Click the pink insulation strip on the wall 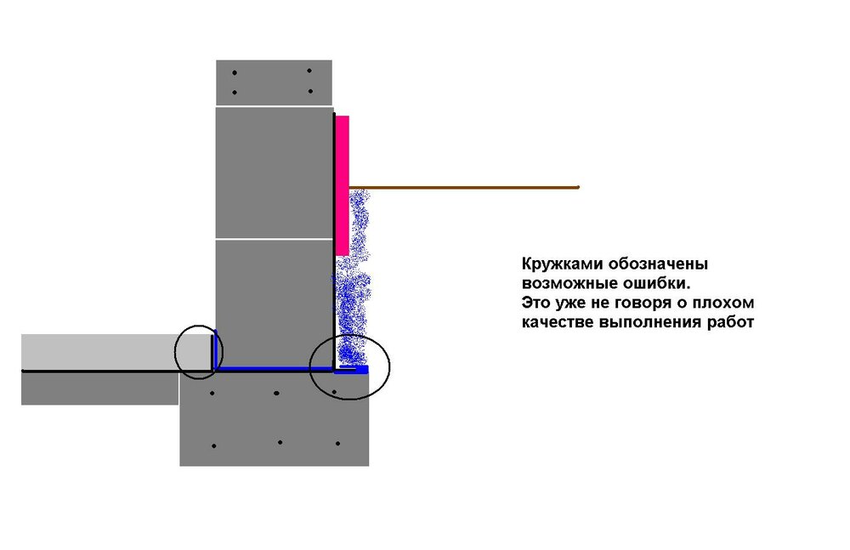(x=342, y=185)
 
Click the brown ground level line (x=464, y=188)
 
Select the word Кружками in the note (x=562, y=264)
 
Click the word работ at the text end (x=730, y=322)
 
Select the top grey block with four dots (x=274, y=82)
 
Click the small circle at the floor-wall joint (x=199, y=352)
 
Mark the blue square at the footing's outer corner (x=362, y=370)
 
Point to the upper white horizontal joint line (x=275, y=106)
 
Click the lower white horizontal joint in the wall (x=275, y=239)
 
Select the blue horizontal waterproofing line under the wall (x=275, y=369)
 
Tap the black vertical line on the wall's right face (x=334, y=241)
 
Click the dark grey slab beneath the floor (x=99, y=388)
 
